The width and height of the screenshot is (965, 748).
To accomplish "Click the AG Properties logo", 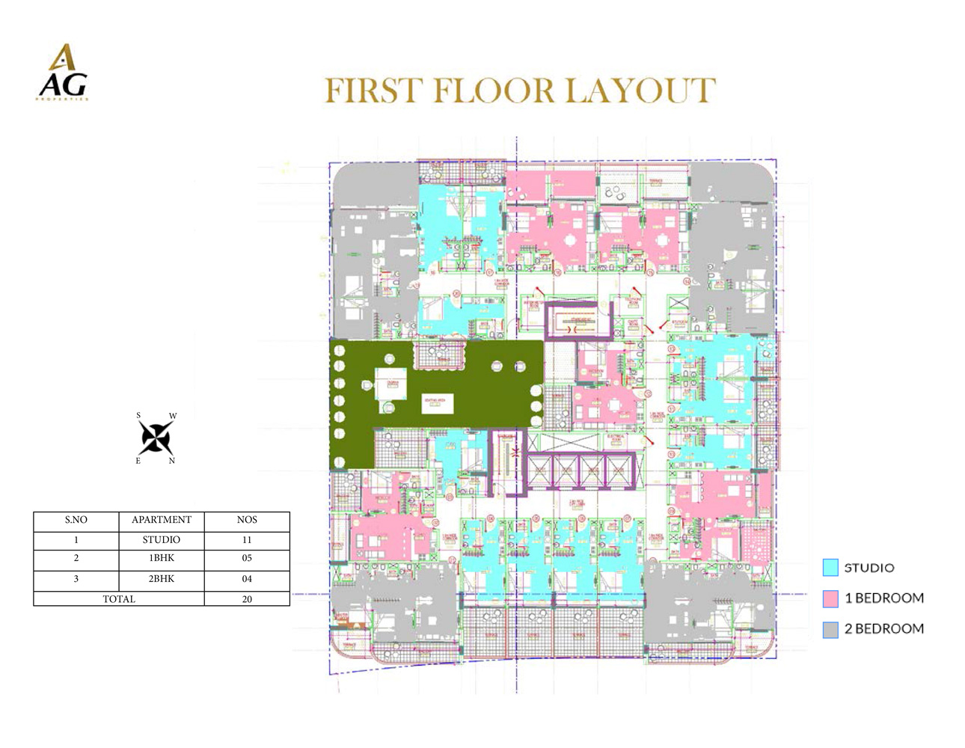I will coord(64,73).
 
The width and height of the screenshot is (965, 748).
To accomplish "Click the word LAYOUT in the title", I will coord(640,91).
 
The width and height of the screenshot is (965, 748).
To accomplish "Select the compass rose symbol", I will coord(156,438).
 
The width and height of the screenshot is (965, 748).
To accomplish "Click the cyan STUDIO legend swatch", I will coord(830,568).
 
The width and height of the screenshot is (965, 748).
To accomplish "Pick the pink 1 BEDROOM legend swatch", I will coord(830,598).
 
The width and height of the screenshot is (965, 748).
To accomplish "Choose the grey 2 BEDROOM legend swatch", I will coord(830,630).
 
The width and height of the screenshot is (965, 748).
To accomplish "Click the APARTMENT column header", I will coord(162,520).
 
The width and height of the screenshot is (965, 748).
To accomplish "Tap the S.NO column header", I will coord(76,520).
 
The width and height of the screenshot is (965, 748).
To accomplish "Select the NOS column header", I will coord(247,520).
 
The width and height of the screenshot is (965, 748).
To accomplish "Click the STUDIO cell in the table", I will coord(162,539).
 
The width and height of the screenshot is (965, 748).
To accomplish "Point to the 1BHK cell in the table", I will coord(162,558).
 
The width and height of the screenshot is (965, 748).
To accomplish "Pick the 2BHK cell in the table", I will coord(162,579).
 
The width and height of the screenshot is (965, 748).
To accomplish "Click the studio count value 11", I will coord(247,539).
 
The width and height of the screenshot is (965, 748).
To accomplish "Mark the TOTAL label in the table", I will coord(119,599).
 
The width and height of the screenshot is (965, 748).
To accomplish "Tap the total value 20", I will coord(247,599).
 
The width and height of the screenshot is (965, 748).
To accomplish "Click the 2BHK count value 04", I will coord(247,579).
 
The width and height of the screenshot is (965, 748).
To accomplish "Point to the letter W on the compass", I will coord(173,416).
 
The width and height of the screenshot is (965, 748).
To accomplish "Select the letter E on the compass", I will coord(138,461).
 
